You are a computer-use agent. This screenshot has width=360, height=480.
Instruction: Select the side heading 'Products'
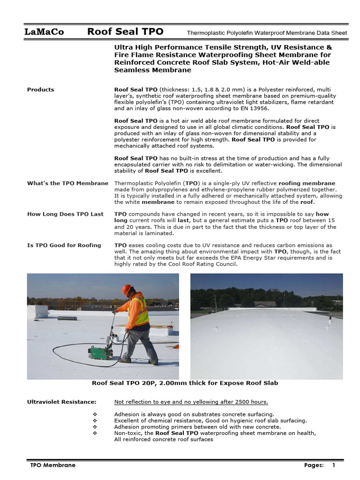click(x=40, y=90)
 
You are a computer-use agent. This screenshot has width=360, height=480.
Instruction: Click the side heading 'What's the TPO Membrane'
click(x=67, y=183)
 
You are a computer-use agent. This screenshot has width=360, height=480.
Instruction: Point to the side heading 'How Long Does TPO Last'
click(x=65, y=214)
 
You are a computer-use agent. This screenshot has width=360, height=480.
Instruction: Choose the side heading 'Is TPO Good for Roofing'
click(x=64, y=245)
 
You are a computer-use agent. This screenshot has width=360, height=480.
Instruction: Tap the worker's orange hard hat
click(x=127, y=290)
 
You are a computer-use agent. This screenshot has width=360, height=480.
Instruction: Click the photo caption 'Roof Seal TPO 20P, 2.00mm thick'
click(x=185, y=383)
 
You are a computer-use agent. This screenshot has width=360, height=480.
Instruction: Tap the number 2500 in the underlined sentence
click(x=243, y=402)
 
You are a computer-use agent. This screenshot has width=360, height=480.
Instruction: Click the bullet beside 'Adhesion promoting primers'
click(x=95, y=427)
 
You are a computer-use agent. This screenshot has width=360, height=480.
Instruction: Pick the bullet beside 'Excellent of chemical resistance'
click(x=95, y=420)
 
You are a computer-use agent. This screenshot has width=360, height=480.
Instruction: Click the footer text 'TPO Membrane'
click(x=52, y=465)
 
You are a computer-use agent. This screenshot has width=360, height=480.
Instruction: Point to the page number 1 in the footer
click(x=334, y=465)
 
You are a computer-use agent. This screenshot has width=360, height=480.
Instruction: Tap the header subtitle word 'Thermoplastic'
click(x=205, y=33)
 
